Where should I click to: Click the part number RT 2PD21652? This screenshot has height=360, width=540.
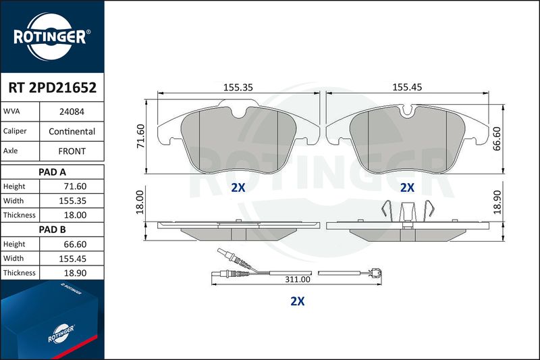tap(53, 88)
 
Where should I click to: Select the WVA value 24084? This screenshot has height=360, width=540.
tap(72, 111)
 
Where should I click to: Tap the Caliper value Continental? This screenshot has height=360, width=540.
tap(72, 131)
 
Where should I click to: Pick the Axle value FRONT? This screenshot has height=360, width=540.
tap(72, 151)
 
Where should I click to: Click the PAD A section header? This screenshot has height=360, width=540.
tap(53, 172)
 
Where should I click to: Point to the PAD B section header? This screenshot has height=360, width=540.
tap(53, 230)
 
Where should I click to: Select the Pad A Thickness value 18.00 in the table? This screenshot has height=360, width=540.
tap(75, 215)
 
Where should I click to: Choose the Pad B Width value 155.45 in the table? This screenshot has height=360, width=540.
tap(73, 259)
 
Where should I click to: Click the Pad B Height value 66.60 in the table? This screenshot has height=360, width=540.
tap(75, 245)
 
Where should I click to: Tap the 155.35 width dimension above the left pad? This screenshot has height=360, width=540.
tap(238, 87)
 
